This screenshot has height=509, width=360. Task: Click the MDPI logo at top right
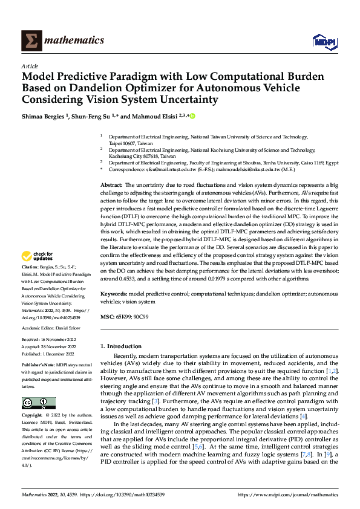click(324, 41)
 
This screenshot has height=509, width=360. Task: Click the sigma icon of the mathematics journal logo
click(30, 41)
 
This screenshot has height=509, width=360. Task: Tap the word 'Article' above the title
click(30, 65)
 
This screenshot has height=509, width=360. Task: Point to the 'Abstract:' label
click(111, 184)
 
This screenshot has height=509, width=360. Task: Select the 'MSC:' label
click(107, 316)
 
